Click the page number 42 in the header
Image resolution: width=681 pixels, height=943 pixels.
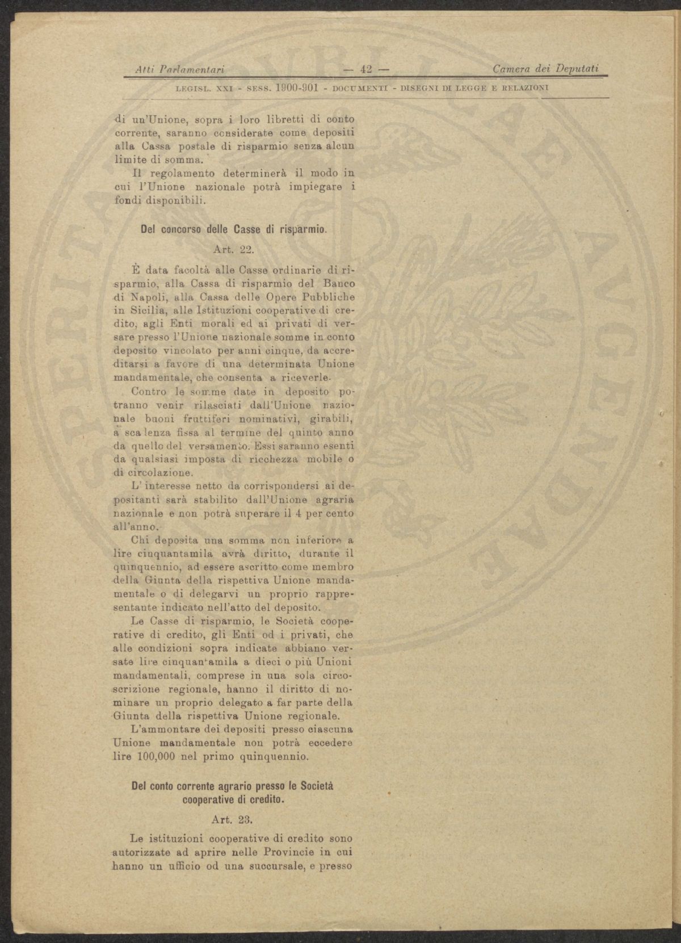click(x=364, y=70)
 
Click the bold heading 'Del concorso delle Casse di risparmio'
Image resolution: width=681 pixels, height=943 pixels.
click(x=233, y=230)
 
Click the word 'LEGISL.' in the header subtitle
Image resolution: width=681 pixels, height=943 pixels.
click(x=193, y=89)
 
